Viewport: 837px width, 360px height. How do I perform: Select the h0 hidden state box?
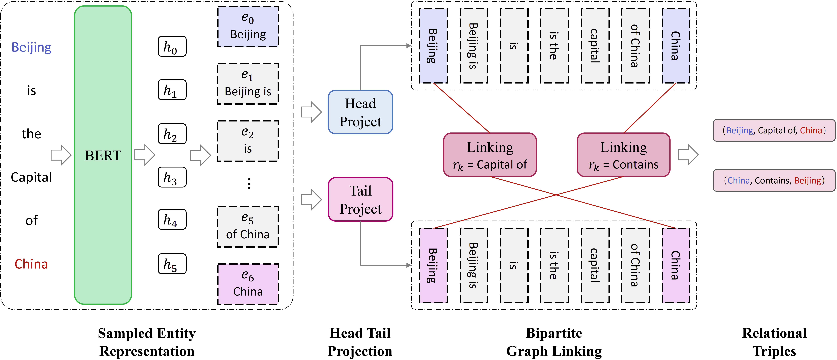click(x=172, y=46)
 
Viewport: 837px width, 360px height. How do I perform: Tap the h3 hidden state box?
click(x=172, y=177)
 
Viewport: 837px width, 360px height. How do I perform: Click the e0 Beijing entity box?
click(x=248, y=27)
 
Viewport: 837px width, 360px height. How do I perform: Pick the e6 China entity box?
click(x=248, y=284)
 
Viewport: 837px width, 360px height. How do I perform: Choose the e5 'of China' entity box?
click(x=248, y=227)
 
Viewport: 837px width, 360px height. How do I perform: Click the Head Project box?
click(x=360, y=112)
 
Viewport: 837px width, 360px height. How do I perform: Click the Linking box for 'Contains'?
click(x=623, y=155)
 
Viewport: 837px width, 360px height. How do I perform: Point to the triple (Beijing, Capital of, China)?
click(x=774, y=130)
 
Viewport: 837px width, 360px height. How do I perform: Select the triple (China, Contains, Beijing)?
click(x=774, y=180)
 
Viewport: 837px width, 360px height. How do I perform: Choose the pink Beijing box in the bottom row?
click(x=433, y=265)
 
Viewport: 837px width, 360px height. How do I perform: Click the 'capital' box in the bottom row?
click(x=595, y=265)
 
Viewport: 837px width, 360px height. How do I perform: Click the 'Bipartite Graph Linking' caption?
click(x=554, y=342)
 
